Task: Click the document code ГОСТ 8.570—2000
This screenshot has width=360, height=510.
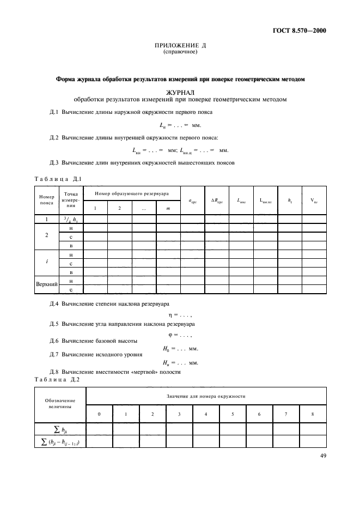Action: [298, 31]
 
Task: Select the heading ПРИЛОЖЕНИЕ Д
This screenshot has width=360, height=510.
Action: [180, 46]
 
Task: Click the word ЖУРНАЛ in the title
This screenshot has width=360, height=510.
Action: [180, 93]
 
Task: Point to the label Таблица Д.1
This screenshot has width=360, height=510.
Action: [58, 179]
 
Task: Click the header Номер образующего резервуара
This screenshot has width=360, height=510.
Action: [131, 193]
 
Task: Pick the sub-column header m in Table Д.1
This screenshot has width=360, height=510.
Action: [168, 208]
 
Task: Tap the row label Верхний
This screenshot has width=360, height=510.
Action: [46, 285]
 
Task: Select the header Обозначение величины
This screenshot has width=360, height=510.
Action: [60, 403]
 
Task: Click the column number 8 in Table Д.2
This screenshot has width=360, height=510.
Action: [312, 414]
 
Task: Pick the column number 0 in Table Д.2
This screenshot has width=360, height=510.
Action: [99, 414]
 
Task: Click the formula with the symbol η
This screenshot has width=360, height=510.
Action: [179, 315]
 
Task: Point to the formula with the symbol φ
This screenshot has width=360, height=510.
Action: [179, 334]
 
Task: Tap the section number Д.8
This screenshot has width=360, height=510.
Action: [54, 372]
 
